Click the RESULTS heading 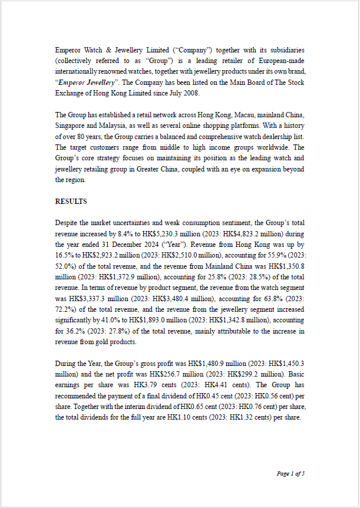point(71,202)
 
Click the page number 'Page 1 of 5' point(290,473)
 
